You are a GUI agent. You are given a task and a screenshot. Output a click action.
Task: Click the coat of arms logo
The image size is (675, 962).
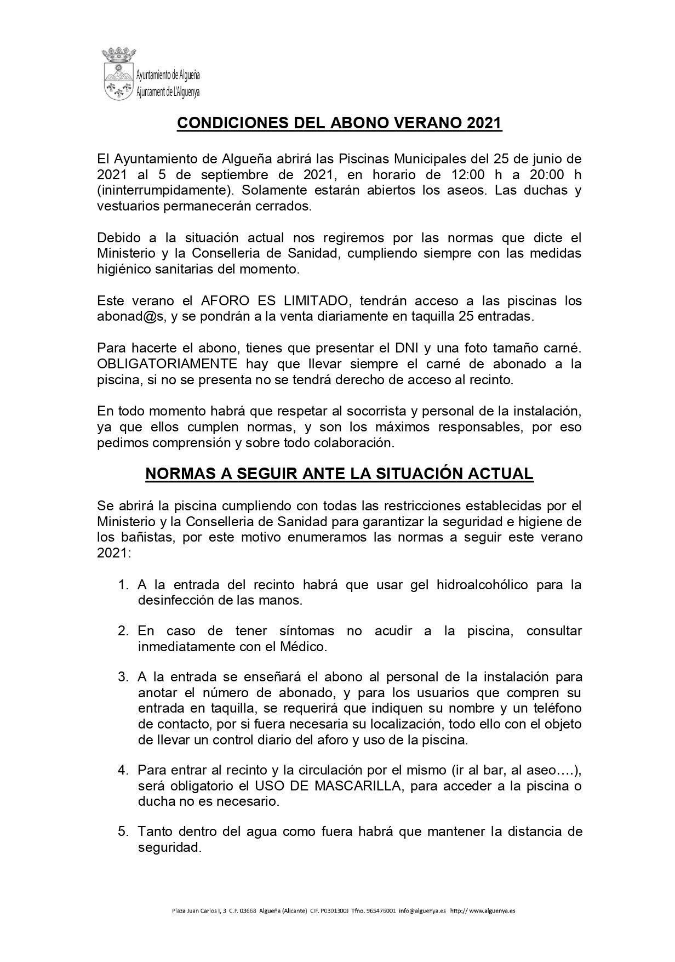pos(118,74)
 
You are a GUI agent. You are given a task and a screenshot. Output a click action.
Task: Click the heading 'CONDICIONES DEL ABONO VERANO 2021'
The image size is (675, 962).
pos(340,123)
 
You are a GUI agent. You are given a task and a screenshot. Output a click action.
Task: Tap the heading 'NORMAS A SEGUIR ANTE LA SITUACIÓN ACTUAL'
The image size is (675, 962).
pos(339,474)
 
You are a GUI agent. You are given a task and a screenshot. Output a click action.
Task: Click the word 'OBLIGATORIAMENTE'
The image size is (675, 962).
pos(167,364)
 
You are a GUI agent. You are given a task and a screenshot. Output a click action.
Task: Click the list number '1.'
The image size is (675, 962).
pos(123,584)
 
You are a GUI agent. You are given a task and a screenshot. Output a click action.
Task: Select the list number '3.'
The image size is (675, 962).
pos(123,676)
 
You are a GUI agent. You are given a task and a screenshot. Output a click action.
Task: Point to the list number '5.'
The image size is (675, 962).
pos(123,832)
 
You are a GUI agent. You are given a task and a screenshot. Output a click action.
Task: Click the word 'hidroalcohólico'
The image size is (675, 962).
pos(482,584)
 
